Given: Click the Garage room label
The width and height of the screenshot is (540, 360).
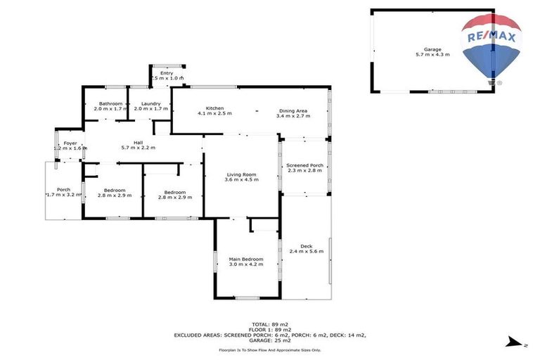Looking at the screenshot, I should pos(432,49).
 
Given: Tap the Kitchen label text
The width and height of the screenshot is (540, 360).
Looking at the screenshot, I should pos(214,108).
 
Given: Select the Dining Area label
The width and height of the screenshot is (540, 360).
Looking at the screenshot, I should pos(293,110).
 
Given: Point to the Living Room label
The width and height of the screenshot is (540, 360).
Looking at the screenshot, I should pos(240,174).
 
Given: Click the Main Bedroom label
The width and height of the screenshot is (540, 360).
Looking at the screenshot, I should pos(245,259).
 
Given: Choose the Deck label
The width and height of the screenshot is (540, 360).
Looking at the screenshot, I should pos(306,246).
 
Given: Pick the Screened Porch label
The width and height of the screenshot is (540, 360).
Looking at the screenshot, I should pos(304,165).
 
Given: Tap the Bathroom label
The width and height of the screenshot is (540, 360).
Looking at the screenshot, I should pos(111,104).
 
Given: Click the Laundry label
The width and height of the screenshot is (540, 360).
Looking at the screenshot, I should pos(148,104).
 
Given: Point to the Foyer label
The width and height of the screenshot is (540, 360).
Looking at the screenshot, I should pos(70,143).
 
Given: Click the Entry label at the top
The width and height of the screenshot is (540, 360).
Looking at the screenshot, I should pos(167,73).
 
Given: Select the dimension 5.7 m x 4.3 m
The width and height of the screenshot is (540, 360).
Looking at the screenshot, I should pos(432,54).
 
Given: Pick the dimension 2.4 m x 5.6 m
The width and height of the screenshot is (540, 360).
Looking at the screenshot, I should pos(306,251).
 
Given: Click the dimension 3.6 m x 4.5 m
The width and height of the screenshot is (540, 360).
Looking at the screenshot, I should pos(240,179).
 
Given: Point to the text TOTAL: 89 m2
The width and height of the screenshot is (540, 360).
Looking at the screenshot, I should pos(270,324).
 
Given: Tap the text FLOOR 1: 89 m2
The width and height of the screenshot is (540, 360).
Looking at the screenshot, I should pos(270,330).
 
